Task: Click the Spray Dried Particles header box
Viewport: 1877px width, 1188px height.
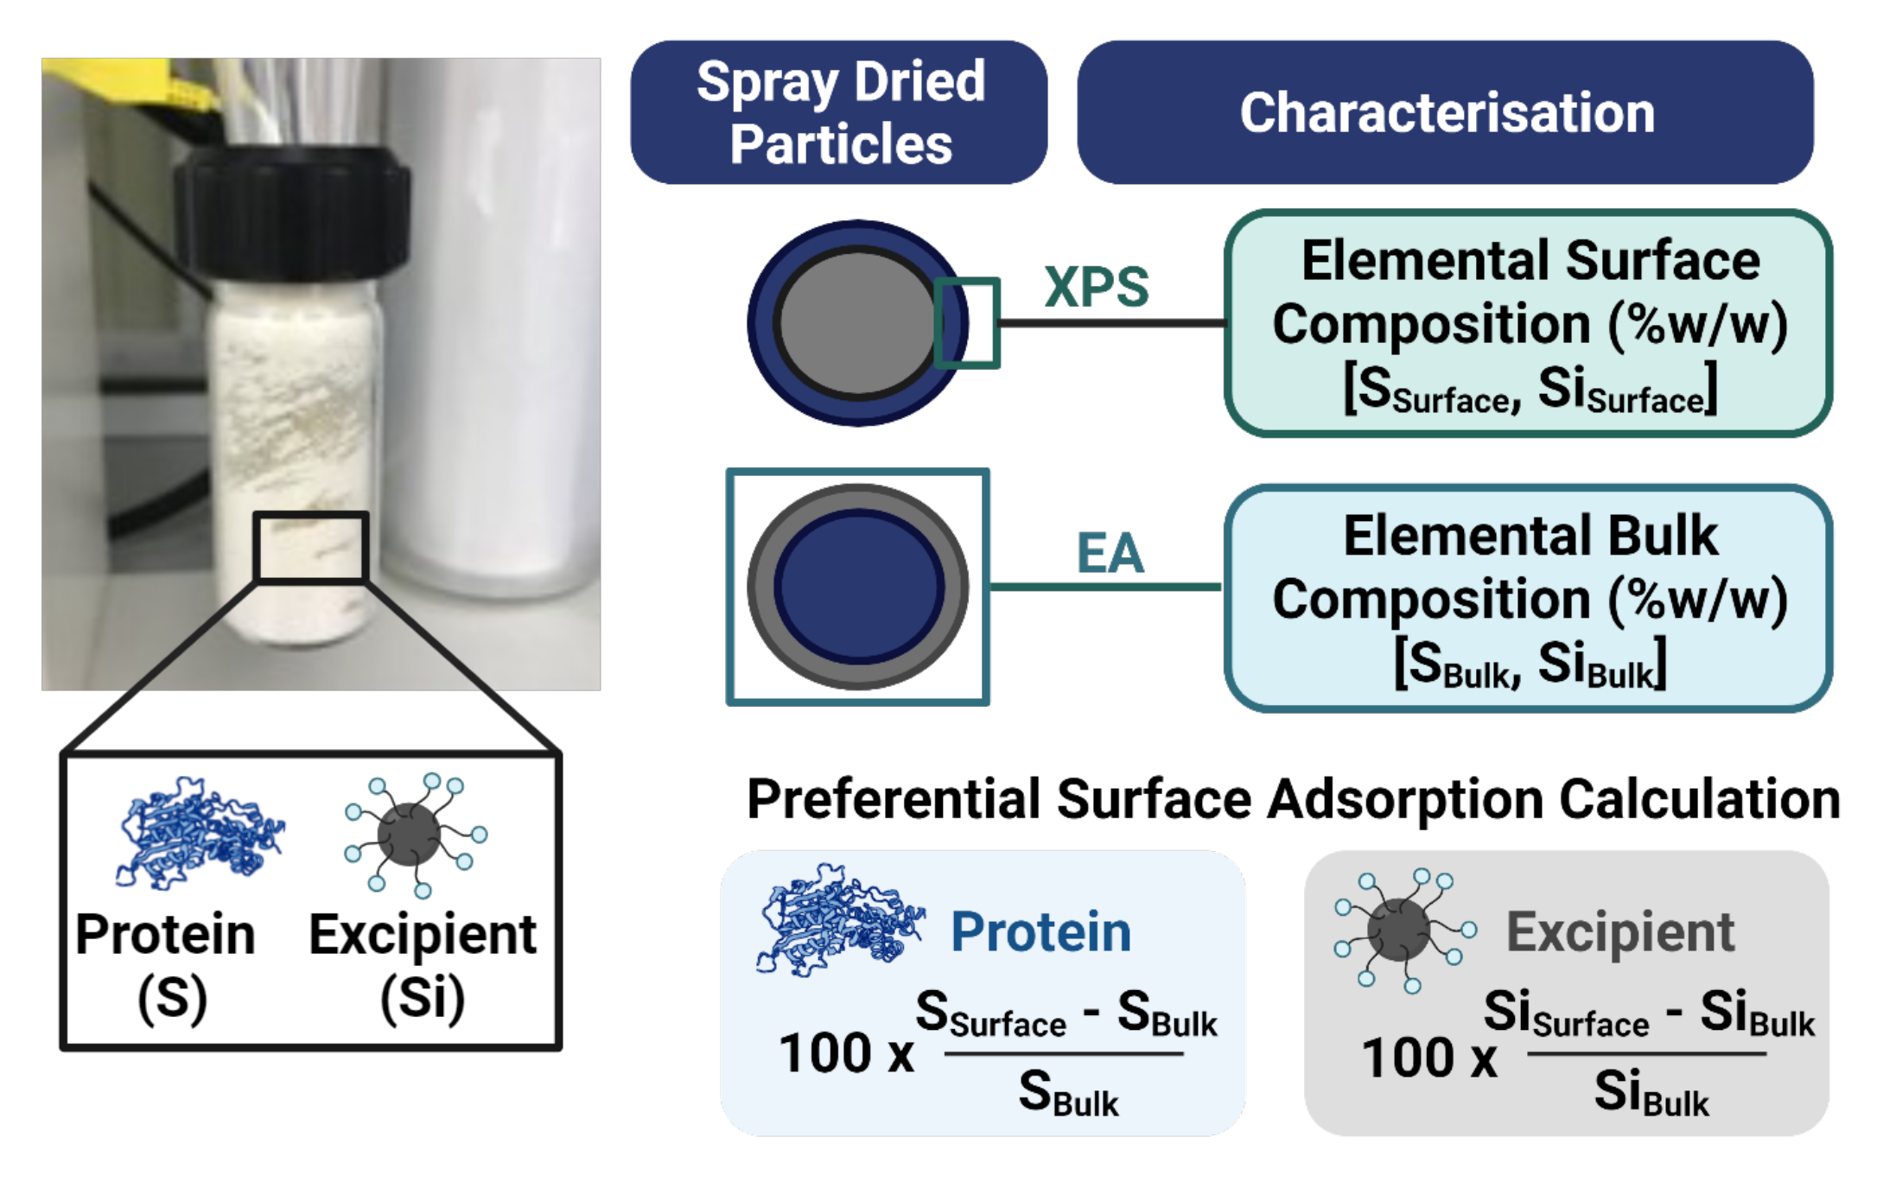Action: point(839,112)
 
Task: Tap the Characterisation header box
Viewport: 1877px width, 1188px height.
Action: point(1445,112)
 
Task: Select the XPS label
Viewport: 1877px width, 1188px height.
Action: point(1096,287)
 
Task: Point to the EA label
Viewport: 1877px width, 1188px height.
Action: point(1110,553)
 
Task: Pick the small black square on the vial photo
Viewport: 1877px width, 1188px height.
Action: point(311,548)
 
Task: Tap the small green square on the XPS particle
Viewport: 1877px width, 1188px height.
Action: point(967,323)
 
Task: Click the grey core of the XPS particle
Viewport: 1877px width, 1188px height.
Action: point(856,323)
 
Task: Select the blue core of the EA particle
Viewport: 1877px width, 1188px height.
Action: point(858,587)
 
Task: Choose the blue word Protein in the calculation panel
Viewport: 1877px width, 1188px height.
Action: point(1040,932)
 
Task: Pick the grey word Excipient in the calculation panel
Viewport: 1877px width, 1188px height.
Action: point(1619,932)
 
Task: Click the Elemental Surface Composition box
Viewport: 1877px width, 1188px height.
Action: point(1528,324)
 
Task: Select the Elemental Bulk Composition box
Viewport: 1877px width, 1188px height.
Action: point(1528,599)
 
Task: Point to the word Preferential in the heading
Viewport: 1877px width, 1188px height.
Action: point(894,799)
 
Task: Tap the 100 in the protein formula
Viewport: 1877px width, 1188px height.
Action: point(824,1053)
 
